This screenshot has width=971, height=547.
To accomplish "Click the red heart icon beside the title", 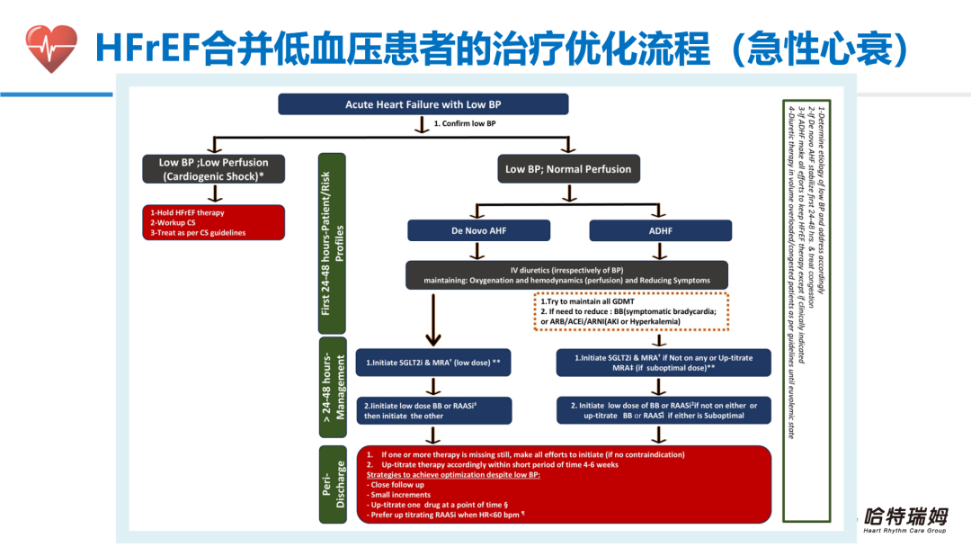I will pyautogui.click(x=51, y=48).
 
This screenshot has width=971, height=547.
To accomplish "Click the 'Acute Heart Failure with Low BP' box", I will pyautogui.click(x=423, y=104).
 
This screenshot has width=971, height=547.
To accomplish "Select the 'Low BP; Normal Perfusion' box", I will pyautogui.click(x=568, y=169).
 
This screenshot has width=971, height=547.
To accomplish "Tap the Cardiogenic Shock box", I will pyautogui.click(x=213, y=169).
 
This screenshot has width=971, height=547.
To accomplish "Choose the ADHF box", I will pyautogui.click(x=660, y=230).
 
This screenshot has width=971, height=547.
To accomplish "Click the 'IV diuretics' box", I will pyautogui.click(x=566, y=275).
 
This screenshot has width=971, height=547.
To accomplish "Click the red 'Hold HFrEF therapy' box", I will pyautogui.click(x=213, y=222).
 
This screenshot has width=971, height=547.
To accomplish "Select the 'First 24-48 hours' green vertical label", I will pyautogui.click(x=332, y=242).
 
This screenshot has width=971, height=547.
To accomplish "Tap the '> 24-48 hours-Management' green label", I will pyautogui.click(x=333, y=387).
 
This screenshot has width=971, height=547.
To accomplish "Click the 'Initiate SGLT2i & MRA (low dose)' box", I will pyautogui.click(x=433, y=363).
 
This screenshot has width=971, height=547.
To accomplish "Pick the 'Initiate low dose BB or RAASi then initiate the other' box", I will pyautogui.click(x=433, y=411).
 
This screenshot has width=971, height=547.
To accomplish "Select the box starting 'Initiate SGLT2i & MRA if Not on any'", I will pyautogui.click(x=664, y=363).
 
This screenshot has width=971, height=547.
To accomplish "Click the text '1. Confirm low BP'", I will pyautogui.click(x=464, y=124).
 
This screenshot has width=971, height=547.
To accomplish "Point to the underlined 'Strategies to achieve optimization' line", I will pyautogui.click(x=453, y=475).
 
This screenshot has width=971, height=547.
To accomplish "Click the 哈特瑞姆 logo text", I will pyautogui.click(x=904, y=517).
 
